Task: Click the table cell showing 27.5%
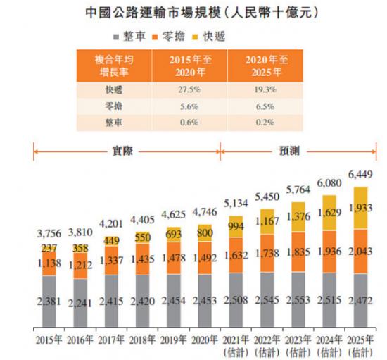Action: (x=190, y=90)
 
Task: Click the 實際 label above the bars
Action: (x=126, y=149)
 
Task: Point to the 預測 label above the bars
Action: (x=290, y=149)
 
